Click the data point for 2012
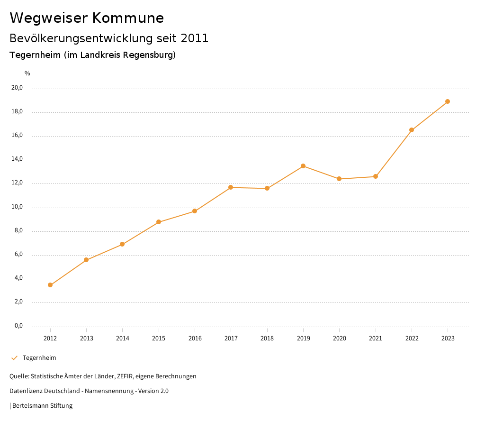pyautogui.click(x=50, y=285)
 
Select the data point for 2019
pyautogui.click(x=303, y=166)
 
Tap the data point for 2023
pyautogui.click(x=448, y=101)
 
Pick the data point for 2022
pyautogui.click(x=412, y=130)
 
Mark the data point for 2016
pyautogui.click(x=195, y=211)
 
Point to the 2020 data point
pyautogui.click(x=339, y=179)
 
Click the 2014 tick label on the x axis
pyautogui.click(x=123, y=339)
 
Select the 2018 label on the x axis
pyautogui.click(x=267, y=339)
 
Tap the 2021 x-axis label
pyautogui.click(x=376, y=339)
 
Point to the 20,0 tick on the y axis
pyautogui.click(x=17, y=88)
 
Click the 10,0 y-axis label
pyautogui.click(x=17, y=207)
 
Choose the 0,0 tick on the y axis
pyautogui.click(x=18, y=326)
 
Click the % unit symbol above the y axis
pyautogui.click(x=27, y=73)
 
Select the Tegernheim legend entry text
pyautogui.click(x=39, y=358)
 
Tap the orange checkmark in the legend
pyautogui.click(x=14, y=358)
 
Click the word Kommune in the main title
pyautogui.click(x=128, y=18)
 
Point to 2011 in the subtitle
pyautogui.click(x=195, y=38)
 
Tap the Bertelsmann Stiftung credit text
pyautogui.click(x=42, y=406)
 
